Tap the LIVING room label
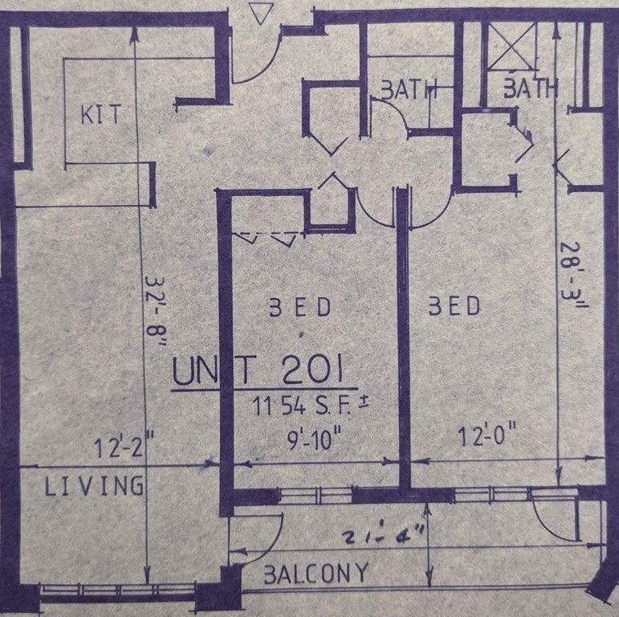pyautogui.click(x=94, y=485)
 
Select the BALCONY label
pyautogui.click(x=317, y=573)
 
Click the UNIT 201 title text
pyautogui.click(x=259, y=372)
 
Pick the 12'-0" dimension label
pyautogui.click(x=483, y=439)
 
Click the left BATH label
pyautogui.click(x=408, y=89)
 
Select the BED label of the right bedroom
pyautogui.click(x=454, y=306)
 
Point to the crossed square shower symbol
pyautogui.click(x=512, y=45)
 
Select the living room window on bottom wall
pyautogui.click(x=118, y=592)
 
